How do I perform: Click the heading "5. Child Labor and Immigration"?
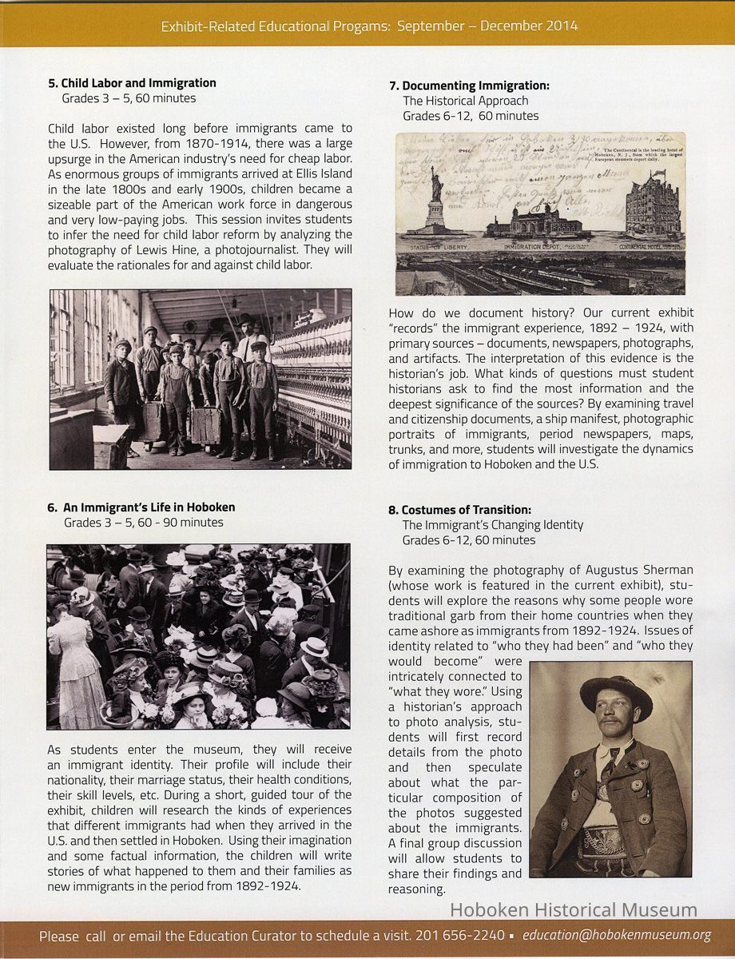coord(132,83)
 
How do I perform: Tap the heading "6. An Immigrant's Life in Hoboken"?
coord(141,507)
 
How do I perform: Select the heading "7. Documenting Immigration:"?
coord(469,86)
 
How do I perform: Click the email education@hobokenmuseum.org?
coord(617,935)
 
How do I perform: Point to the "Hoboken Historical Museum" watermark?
coord(573,910)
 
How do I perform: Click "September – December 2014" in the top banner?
coord(487,26)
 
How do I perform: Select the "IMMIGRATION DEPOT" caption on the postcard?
coord(534,249)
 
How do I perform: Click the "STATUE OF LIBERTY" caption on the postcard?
coord(437,249)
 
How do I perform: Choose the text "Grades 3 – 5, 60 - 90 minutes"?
coord(144,523)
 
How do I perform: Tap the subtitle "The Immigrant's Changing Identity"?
coord(492,525)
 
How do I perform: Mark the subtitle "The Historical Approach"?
coord(465,101)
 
